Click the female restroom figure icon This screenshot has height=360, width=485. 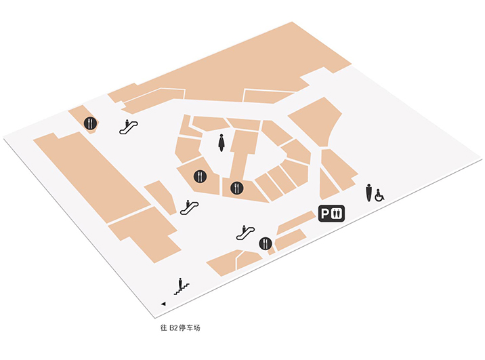pyautogui.click(x=221, y=142)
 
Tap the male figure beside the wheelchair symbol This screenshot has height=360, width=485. pyautogui.click(x=368, y=193)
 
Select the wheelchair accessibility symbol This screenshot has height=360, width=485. pyautogui.click(x=379, y=195)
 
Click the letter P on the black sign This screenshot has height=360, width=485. pyautogui.click(x=324, y=214)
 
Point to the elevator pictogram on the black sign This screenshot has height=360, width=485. pyautogui.click(x=337, y=214)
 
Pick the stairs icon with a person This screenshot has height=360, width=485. pyautogui.click(x=182, y=286)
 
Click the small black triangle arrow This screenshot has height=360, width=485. pyautogui.click(x=163, y=304)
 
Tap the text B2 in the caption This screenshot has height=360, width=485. pyautogui.click(x=173, y=328)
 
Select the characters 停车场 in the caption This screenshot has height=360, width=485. pyautogui.click(x=190, y=328)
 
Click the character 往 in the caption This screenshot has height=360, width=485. pyautogui.click(x=164, y=328)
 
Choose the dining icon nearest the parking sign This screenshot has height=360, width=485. pyautogui.click(x=266, y=243)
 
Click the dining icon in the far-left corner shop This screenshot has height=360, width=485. pyautogui.click(x=90, y=123)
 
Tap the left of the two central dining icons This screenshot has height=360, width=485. pyautogui.click(x=200, y=176)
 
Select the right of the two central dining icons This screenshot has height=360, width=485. pyautogui.click(x=237, y=188)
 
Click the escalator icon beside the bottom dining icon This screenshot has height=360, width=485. pyautogui.click(x=245, y=233)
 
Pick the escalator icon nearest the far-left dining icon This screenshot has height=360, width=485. pyautogui.click(x=129, y=127)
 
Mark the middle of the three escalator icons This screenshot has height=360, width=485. pyautogui.click(x=189, y=207)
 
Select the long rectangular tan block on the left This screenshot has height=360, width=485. pyautogui.click(x=91, y=176)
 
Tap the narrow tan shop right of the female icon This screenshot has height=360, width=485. pyautogui.click(x=244, y=155)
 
